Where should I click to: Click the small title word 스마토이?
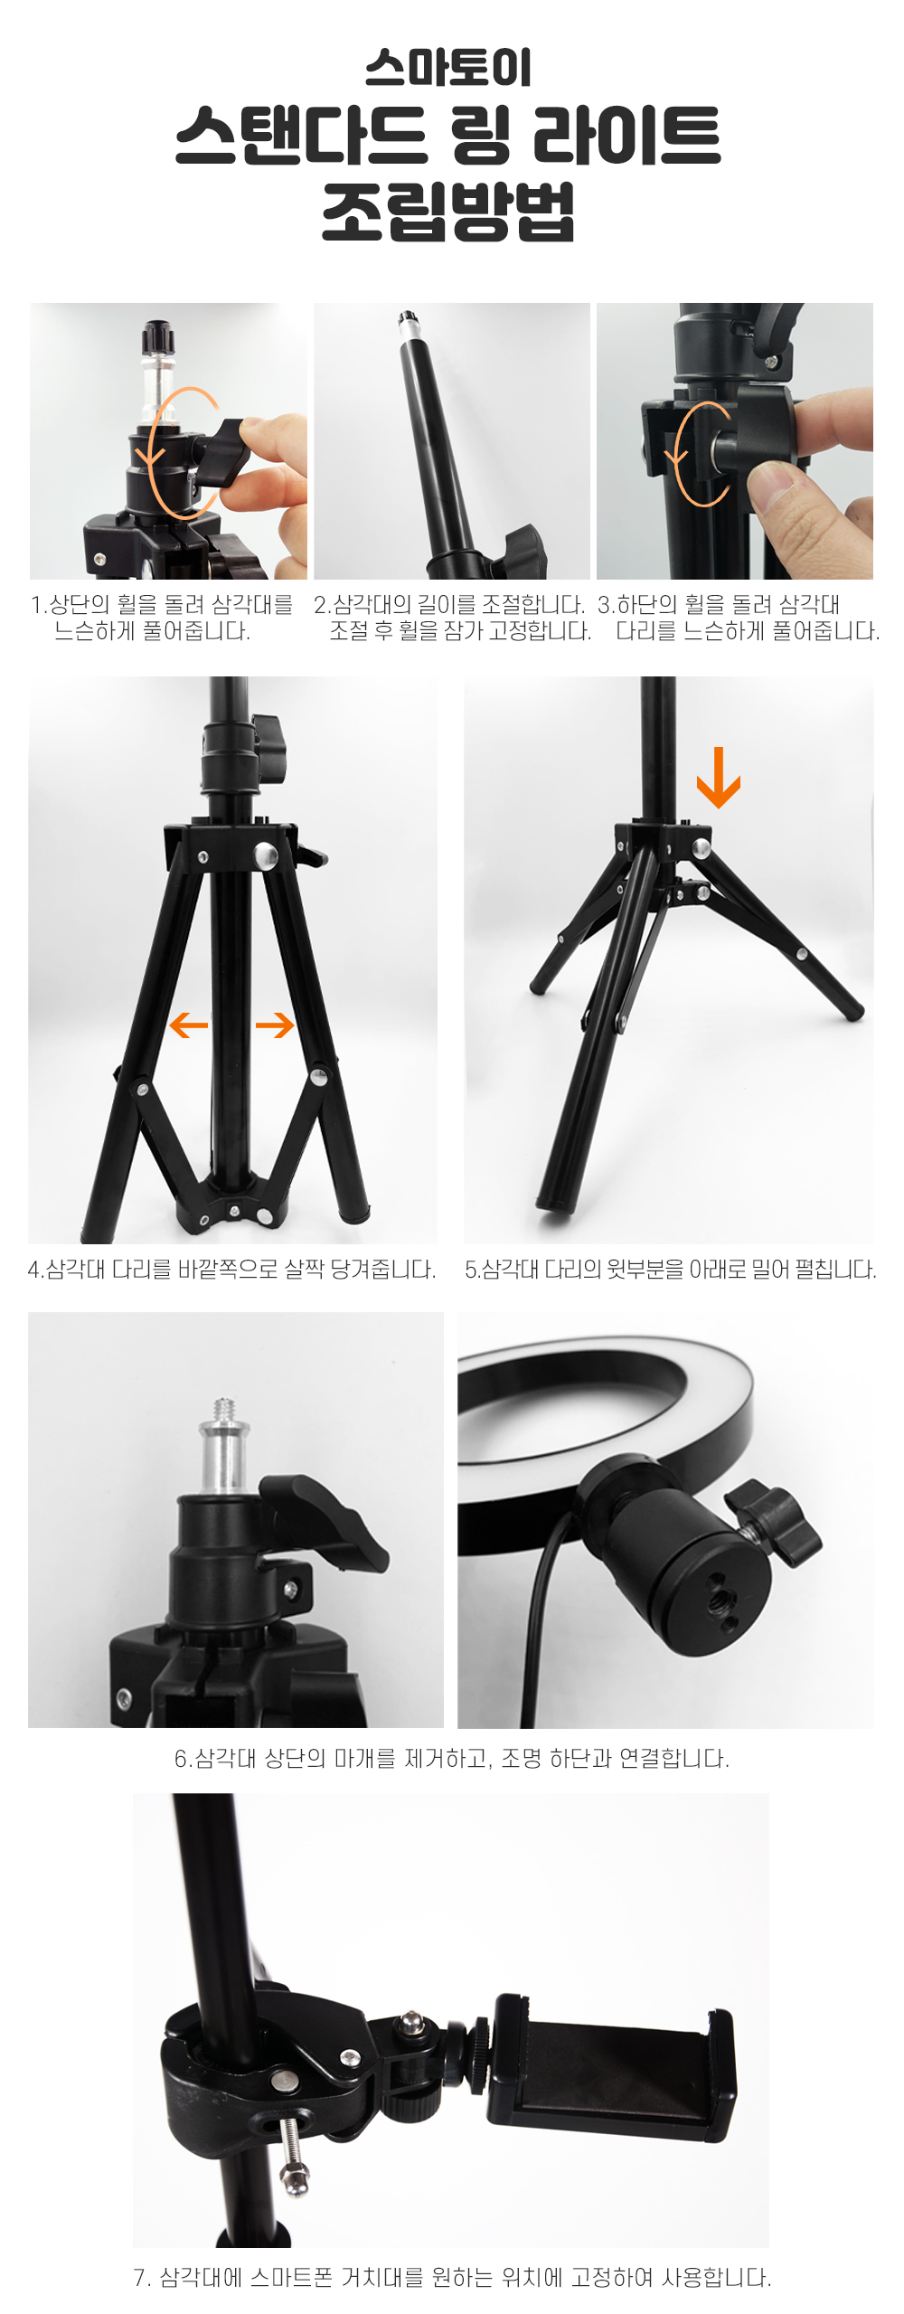pyautogui.click(x=448, y=68)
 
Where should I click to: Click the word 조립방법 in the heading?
pyautogui.click(x=448, y=211)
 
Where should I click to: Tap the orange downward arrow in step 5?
pyautogui.click(x=719, y=777)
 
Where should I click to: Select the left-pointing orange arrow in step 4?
pyautogui.click(x=189, y=1025)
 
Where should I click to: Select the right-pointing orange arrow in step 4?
pyautogui.click(x=275, y=1025)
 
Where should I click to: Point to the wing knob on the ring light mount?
pyautogui.click(x=774, y=1522)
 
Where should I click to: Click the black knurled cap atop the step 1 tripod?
pyautogui.click(x=156, y=338)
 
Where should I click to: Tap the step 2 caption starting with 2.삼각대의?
pyautogui.click(x=453, y=618)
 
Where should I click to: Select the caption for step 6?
pyautogui.click(x=452, y=1758)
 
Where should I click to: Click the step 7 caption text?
pyautogui.click(x=452, y=2277)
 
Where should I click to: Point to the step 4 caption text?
pyautogui.click(x=232, y=1270)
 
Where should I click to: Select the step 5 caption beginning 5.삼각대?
pyautogui.click(x=671, y=1270)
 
